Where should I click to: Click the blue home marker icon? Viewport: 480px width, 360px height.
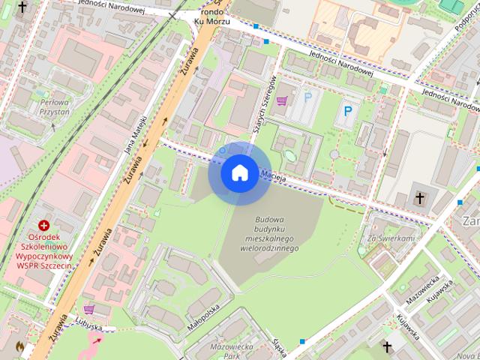(x=238, y=172)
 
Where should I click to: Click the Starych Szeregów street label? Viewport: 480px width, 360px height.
(x=267, y=105)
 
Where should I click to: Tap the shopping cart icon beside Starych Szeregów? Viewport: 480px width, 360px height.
(x=283, y=100)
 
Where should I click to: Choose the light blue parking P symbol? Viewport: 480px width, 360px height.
(x=308, y=97)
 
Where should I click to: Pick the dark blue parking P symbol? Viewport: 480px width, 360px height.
(x=346, y=111)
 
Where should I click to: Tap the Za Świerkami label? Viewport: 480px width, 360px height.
(x=390, y=238)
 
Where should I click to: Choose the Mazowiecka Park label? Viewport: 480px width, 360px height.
(x=231, y=351)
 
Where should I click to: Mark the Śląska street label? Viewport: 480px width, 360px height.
(x=281, y=347)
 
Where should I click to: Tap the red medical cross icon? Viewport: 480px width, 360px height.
(x=43, y=225)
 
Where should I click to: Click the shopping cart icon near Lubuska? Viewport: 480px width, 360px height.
(x=89, y=308)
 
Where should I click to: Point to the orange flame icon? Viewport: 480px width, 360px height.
(x=20, y=347)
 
